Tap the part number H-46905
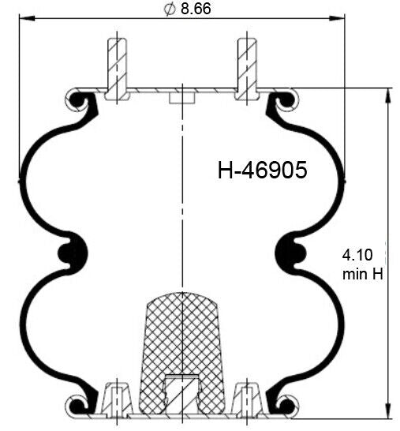[262, 171]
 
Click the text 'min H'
[362, 274]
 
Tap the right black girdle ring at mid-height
[293, 253]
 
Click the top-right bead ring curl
[286, 100]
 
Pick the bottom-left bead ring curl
[77, 405]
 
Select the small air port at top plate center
[181, 97]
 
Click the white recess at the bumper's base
[181, 391]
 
